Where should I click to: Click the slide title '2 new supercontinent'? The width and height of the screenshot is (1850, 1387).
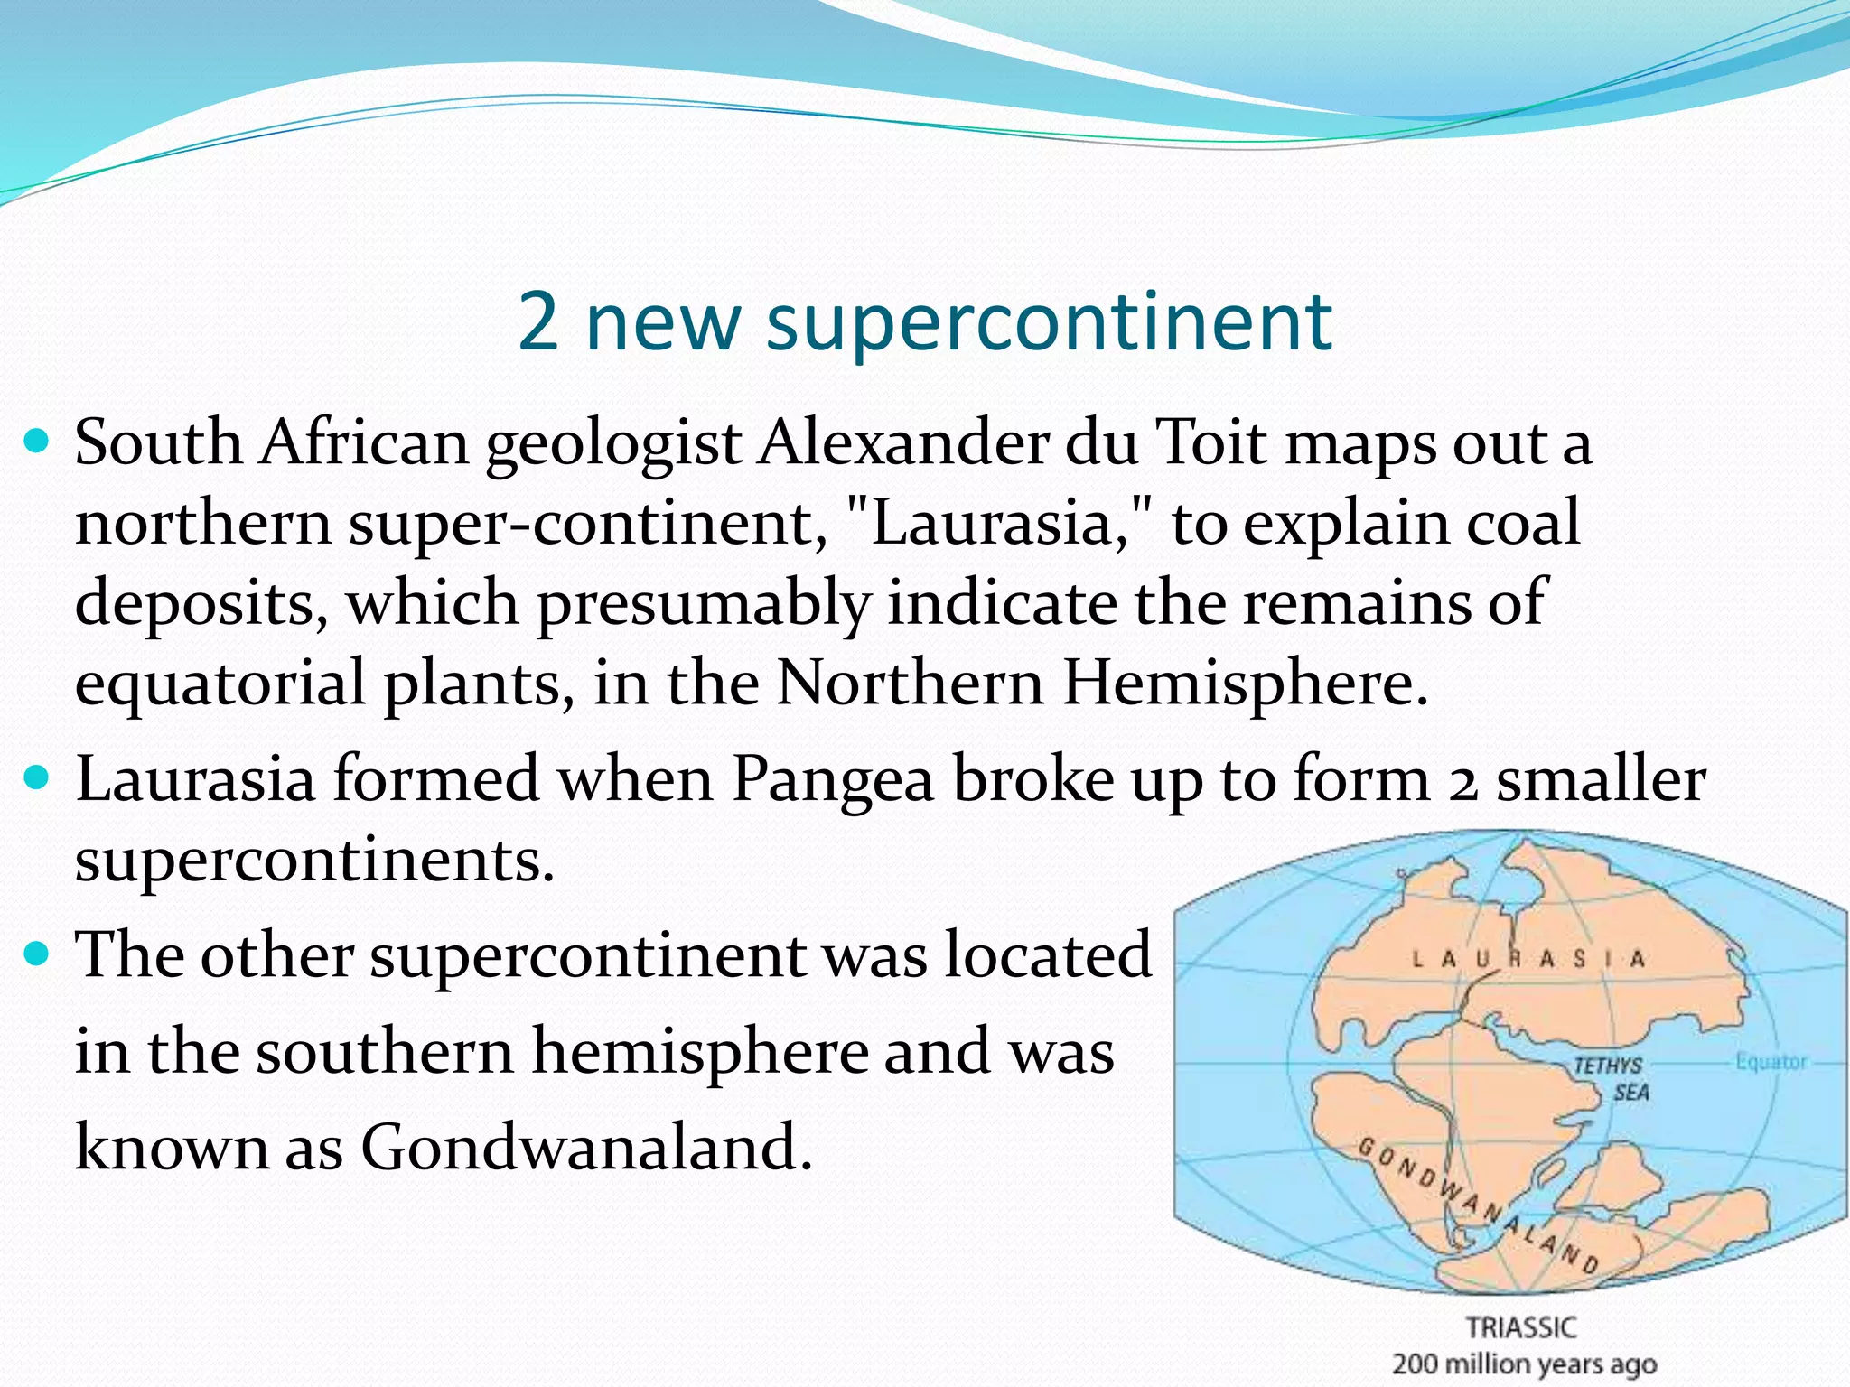(924, 321)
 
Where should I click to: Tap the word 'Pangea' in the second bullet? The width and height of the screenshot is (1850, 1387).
(832, 779)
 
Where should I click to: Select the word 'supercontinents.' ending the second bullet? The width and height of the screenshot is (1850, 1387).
(314, 861)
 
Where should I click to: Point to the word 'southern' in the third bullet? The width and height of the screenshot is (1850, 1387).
(384, 1052)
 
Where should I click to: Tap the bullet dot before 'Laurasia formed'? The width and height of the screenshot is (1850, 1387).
(37, 777)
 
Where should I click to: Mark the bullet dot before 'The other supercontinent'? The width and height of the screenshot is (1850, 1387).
(37, 953)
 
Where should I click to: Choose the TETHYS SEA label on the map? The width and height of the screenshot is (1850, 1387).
(1612, 1078)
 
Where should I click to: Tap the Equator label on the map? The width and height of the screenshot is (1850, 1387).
(1771, 1062)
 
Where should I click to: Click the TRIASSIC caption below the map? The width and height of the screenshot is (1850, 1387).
(1521, 1327)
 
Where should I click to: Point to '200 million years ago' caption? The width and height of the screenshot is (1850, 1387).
(1524, 1364)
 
